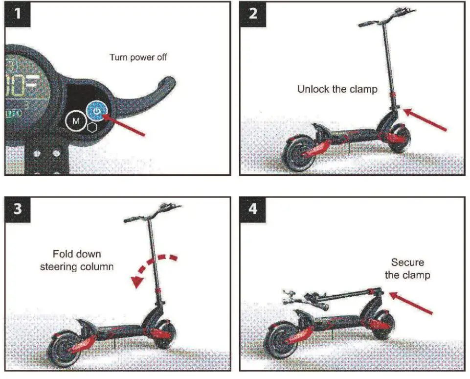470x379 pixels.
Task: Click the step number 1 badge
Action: pyautogui.click(x=18, y=14)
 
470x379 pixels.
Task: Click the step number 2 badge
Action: pyautogui.click(x=252, y=14)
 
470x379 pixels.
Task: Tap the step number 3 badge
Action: pyautogui.click(x=18, y=209)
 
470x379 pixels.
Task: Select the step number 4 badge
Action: pyautogui.click(x=252, y=209)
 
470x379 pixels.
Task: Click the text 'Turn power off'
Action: pyautogui.click(x=138, y=57)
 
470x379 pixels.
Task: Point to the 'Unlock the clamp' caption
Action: pyautogui.click(x=337, y=90)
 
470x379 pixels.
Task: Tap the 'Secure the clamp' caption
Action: pyautogui.click(x=407, y=269)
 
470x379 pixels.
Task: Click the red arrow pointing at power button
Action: pyautogui.click(x=125, y=124)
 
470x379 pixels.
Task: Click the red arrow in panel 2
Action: pyautogui.click(x=426, y=120)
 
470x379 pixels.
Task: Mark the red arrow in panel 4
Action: pyautogui.click(x=411, y=304)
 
